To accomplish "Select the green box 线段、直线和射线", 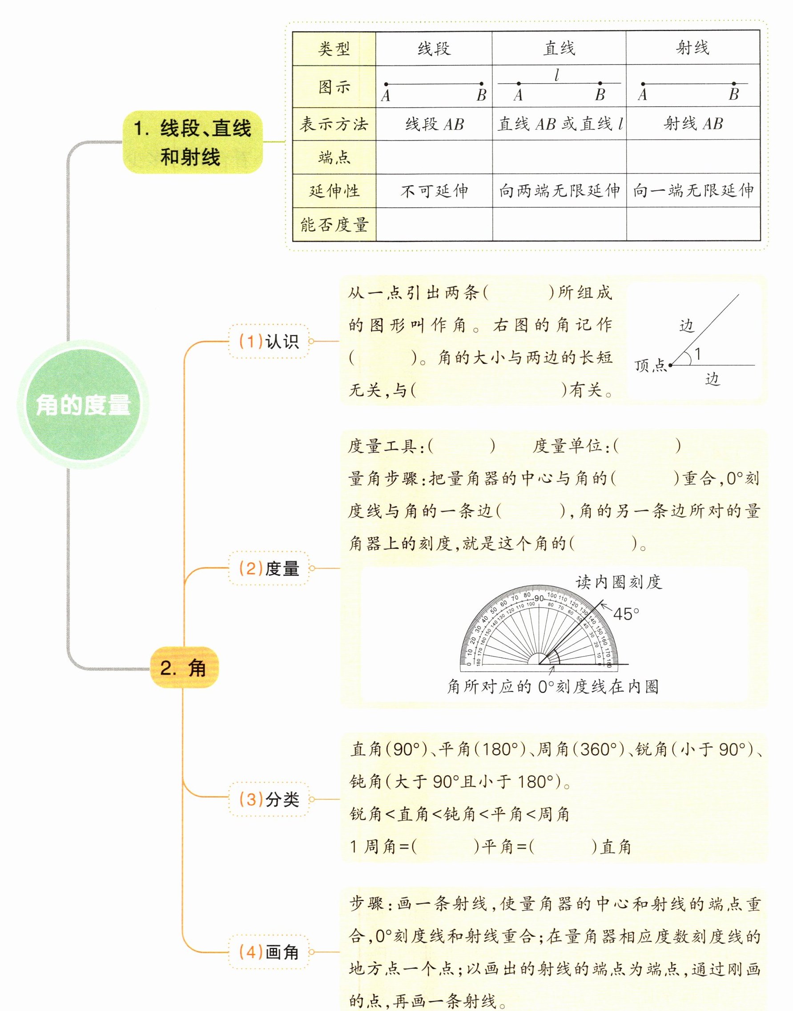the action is tap(192, 142).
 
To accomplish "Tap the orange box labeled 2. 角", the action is tap(184, 668).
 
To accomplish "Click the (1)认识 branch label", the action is tap(269, 342).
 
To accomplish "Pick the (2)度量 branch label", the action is tap(269, 568).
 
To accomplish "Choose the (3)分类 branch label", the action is tap(269, 799).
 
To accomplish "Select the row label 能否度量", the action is tap(334, 225).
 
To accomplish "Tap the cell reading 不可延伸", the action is tap(434, 191).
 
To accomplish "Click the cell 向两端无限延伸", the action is tap(559, 191).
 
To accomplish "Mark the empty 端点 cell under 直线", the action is tap(559, 157).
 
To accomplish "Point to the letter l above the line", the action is tap(557, 75).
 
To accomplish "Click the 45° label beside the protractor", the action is tap(626, 614).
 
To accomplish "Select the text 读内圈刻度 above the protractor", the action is tap(619, 582).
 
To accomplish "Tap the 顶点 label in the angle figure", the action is tap(649, 366).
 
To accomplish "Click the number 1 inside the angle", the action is tap(697, 354).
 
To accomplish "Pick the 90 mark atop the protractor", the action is tap(539, 598).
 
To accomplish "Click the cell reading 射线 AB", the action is tap(693, 124).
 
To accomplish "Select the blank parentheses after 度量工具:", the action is tap(462, 446).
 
